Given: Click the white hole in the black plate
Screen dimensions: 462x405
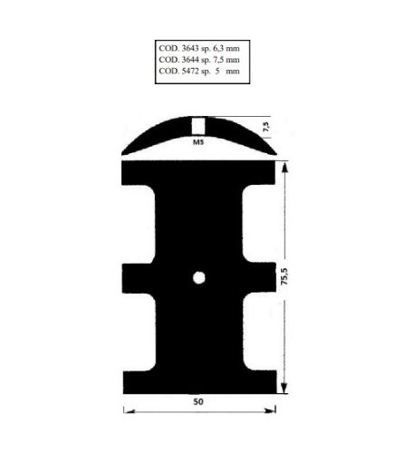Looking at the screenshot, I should [199, 276].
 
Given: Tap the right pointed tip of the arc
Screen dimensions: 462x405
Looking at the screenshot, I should [274, 152].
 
